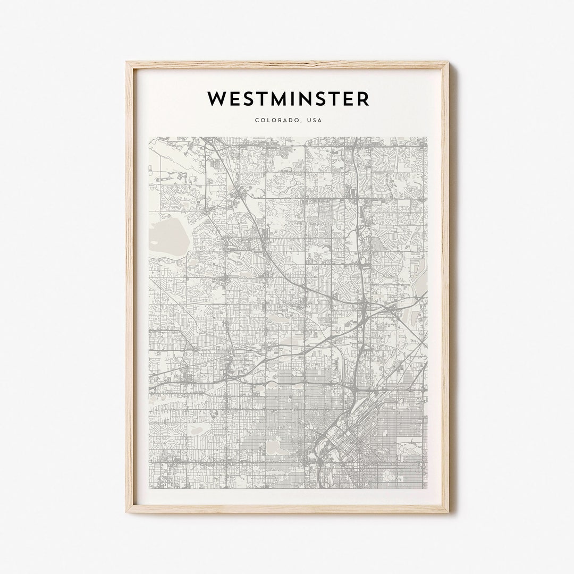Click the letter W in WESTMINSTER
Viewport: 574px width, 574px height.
coord(216,99)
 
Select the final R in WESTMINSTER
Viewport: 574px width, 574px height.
coord(363,99)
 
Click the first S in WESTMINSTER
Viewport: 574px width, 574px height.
coord(246,99)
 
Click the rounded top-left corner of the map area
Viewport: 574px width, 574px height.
coord(150,139)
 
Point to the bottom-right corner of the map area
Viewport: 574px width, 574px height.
coord(426,488)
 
